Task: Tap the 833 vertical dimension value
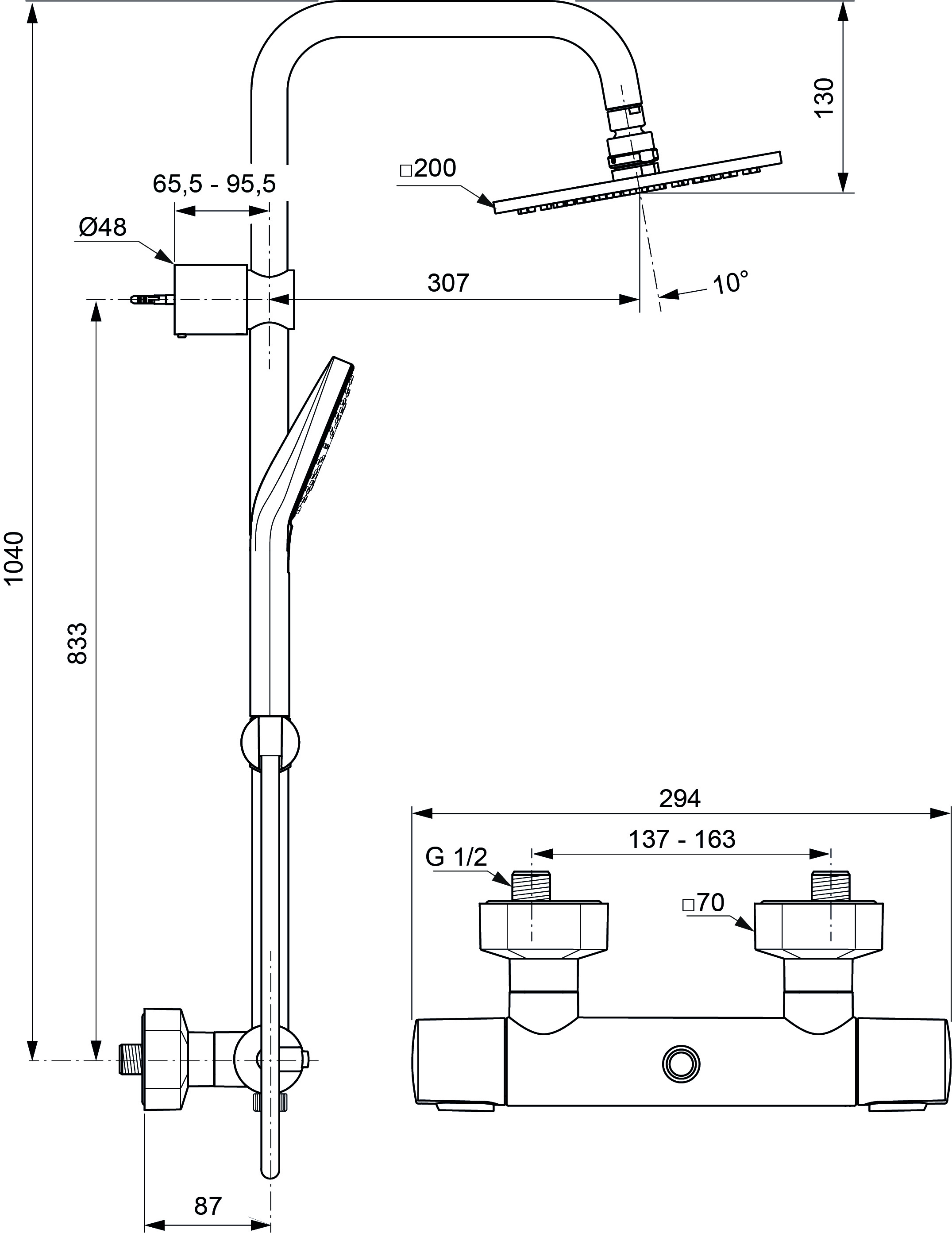(77, 643)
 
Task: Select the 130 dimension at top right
(825, 97)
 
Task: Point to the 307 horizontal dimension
(448, 283)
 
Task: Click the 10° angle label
(731, 282)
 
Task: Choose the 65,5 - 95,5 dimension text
(214, 184)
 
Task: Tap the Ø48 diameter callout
(102, 227)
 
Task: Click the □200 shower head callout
(428, 168)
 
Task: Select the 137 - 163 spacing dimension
(682, 840)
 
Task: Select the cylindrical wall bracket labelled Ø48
(211, 299)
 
